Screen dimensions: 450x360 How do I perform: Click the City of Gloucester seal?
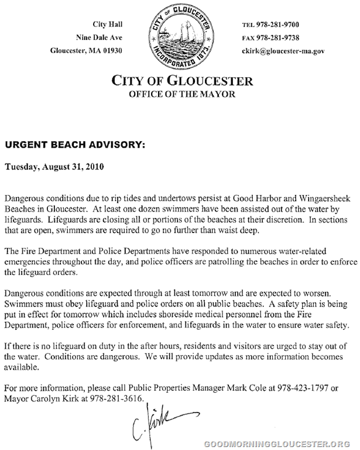pyautogui.click(x=181, y=35)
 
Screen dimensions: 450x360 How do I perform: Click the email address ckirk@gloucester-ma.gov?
pyautogui.click(x=283, y=51)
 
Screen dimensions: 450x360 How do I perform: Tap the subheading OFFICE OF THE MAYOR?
pyautogui.click(x=182, y=94)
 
